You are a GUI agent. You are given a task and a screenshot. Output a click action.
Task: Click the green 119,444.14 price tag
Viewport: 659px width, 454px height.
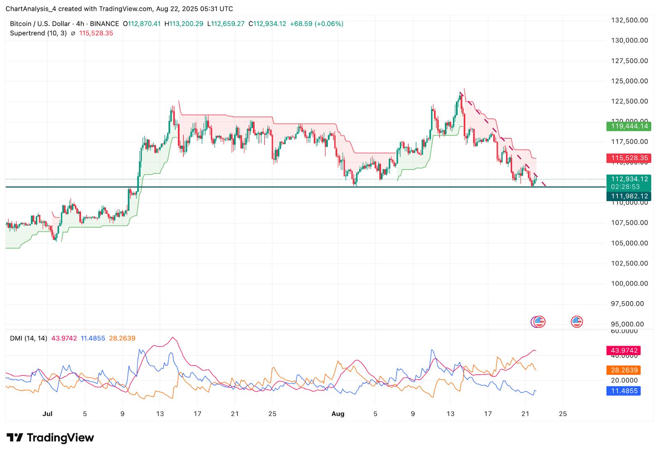[629, 126]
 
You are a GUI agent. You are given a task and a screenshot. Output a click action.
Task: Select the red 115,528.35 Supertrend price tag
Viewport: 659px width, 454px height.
[629, 158]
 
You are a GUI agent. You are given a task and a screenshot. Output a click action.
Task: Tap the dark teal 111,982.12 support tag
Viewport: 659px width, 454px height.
[629, 196]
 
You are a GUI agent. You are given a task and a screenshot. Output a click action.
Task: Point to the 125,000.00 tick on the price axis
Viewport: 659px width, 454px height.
[629, 81]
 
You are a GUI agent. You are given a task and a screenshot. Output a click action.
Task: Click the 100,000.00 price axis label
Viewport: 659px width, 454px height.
[629, 283]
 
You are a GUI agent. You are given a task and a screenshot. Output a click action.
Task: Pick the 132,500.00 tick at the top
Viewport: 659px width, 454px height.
[629, 20]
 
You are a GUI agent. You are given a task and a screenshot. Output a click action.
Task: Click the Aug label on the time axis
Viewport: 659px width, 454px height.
[338, 414]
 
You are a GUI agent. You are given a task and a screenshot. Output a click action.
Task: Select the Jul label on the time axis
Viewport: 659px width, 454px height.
[47, 414]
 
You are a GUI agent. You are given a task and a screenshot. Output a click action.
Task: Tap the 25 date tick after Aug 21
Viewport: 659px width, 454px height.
[563, 414]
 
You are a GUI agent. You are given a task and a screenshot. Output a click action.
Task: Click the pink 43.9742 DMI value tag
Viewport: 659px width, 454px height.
[624, 351]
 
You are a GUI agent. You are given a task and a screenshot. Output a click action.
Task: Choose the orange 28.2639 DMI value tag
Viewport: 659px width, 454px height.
[624, 370]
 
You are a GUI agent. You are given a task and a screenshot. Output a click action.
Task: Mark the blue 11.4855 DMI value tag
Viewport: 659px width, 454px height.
[624, 391]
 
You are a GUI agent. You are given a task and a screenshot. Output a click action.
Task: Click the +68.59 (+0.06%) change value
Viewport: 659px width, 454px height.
[316, 24]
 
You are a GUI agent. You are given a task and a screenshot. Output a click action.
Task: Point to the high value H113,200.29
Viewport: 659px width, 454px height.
[184, 24]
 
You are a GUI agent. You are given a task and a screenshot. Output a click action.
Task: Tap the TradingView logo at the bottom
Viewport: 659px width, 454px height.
[50, 438]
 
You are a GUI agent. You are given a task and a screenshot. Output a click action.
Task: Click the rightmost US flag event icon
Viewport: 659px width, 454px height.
[577, 322]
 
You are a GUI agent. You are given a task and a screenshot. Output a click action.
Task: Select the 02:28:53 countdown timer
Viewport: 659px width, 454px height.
[625, 187]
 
